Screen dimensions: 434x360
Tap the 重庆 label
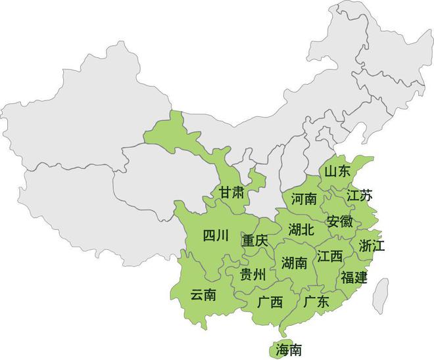point(254,241)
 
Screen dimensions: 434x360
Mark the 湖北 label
point(301,229)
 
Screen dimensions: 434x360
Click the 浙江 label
point(372,246)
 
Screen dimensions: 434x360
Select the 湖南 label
point(294,263)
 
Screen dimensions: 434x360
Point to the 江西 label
point(329,256)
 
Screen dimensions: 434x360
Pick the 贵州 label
point(253,275)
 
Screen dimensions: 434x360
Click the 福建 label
point(354,277)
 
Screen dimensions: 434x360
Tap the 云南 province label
point(203,295)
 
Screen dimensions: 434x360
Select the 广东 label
point(316,302)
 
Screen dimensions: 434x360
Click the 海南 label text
point(289,349)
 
